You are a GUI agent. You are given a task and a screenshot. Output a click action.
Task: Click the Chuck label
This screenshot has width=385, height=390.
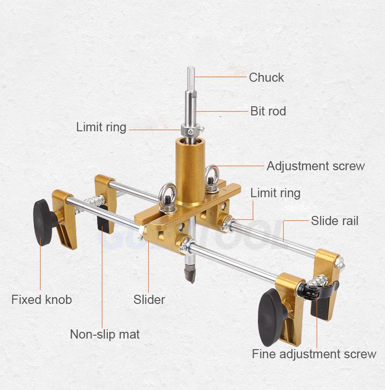tap(266, 77)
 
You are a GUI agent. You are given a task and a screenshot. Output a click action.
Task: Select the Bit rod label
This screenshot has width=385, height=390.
tap(268, 111)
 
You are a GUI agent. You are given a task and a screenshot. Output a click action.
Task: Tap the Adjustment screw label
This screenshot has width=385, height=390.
tap(316, 166)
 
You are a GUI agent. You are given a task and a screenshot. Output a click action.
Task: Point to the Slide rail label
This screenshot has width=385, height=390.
tap(334, 221)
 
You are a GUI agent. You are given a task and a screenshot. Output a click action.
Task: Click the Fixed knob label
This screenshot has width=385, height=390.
tap(41, 300)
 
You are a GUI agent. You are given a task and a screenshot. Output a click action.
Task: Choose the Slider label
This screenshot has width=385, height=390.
tap(149, 300)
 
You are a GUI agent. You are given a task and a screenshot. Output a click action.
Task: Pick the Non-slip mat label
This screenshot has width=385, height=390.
tap(105, 334)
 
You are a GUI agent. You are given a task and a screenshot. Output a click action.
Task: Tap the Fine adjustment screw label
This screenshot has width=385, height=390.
tap(314, 354)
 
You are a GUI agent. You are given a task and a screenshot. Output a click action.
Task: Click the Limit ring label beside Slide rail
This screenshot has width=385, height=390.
tap(275, 193)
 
